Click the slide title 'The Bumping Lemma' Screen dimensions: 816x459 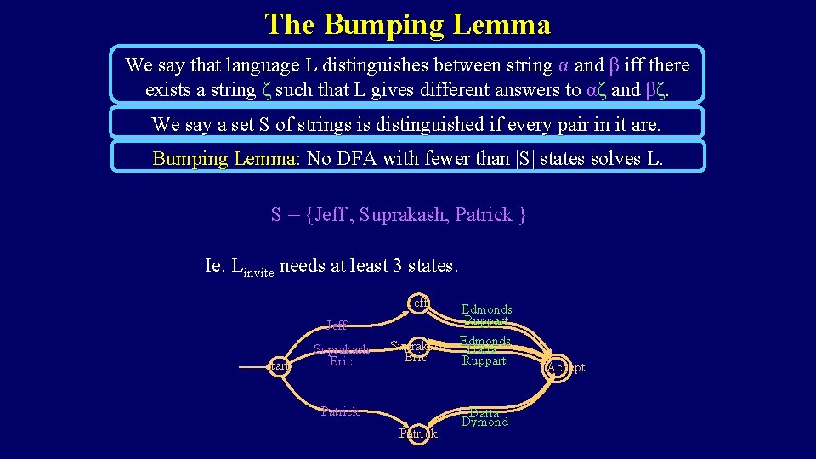(x=407, y=24)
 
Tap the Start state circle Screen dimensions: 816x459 (x=279, y=366)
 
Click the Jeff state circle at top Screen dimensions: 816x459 (x=418, y=303)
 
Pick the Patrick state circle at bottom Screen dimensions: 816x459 (x=418, y=433)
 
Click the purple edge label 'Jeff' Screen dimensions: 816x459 (x=337, y=325)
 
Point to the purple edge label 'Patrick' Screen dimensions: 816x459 (x=340, y=411)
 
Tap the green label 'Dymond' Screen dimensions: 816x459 (x=484, y=422)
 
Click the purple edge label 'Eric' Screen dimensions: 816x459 (x=340, y=360)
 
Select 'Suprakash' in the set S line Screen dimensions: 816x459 (x=402, y=215)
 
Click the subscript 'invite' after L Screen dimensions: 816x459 (x=258, y=273)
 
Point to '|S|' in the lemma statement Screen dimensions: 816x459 (x=524, y=159)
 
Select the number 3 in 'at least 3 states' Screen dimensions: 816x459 (x=398, y=266)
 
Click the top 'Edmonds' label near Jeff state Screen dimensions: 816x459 (x=486, y=310)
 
